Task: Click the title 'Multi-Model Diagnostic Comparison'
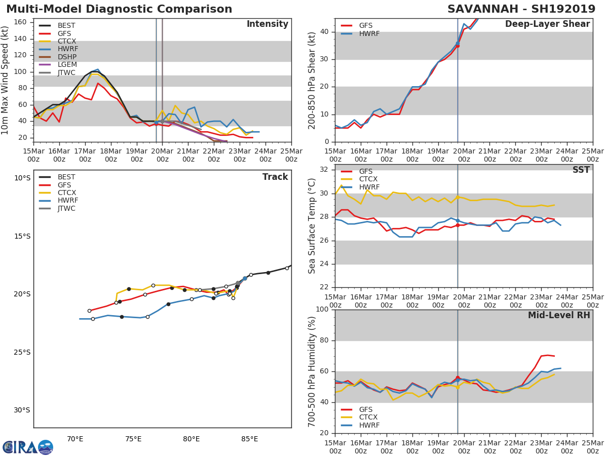pos(119,9)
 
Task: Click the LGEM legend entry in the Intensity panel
pos(67,64)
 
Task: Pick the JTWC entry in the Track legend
pos(66,208)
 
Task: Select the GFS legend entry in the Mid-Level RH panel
pos(365,409)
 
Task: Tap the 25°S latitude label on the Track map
pos(22,352)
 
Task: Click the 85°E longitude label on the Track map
pos(249,438)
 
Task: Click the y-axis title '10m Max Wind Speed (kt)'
pos(6,80)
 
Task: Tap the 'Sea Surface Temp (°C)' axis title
pos(312,225)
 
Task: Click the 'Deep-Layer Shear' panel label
pos(547,24)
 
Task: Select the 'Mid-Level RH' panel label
pos(559,315)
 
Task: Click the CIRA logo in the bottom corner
pos(28,447)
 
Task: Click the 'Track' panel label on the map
pos(275,177)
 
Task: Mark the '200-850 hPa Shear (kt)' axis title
pos(312,80)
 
